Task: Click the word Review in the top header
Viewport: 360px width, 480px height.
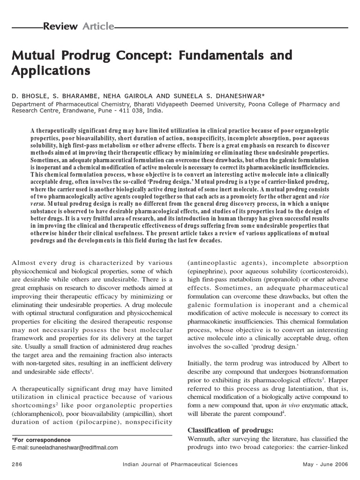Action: (x=60, y=27)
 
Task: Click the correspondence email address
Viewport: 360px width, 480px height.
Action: (x=65, y=448)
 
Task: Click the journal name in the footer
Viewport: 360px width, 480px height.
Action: (x=180, y=464)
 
